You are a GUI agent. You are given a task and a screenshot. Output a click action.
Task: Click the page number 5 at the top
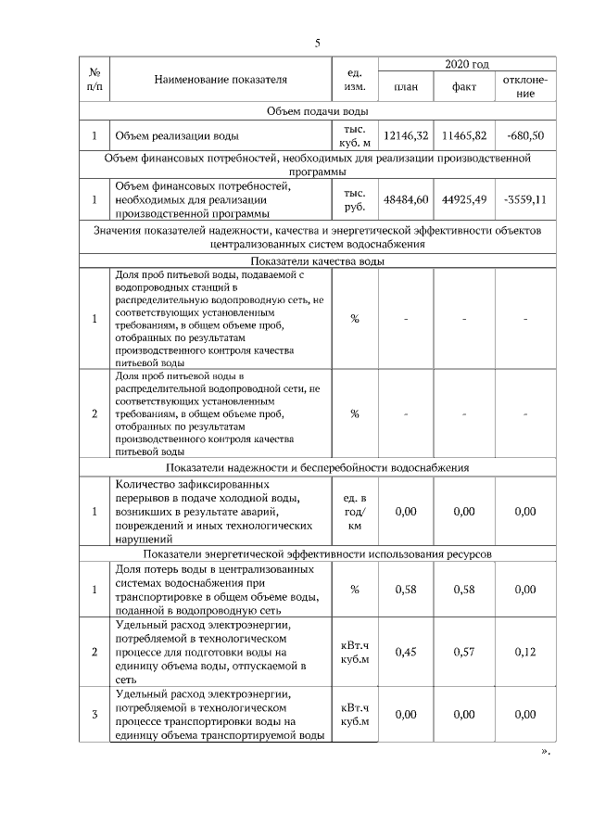click(x=317, y=44)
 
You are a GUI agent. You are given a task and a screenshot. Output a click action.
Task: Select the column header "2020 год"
click(x=466, y=64)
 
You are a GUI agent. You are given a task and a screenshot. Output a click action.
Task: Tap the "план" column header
click(x=405, y=87)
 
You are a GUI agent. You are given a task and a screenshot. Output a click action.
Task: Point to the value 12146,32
click(x=406, y=136)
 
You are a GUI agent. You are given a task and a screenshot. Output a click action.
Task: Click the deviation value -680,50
click(x=525, y=136)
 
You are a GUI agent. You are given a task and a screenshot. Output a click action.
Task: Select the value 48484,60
click(x=406, y=198)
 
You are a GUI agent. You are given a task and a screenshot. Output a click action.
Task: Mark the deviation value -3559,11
click(x=525, y=198)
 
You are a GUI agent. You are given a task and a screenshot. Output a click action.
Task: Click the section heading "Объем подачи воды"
click(x=317, y=111)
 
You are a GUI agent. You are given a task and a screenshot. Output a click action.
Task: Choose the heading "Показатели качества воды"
click(x=317, y=261)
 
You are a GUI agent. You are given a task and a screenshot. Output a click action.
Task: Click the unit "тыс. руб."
click(x=355, y=198)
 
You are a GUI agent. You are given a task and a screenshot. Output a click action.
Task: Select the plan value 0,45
click(x=406, y=652)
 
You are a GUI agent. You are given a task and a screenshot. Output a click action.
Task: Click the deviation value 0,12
click(x=525, y=652)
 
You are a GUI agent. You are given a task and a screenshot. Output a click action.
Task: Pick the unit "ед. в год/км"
click(x=355, y=512)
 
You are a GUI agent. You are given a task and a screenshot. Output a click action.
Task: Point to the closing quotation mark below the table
click(x=545, y=752)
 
